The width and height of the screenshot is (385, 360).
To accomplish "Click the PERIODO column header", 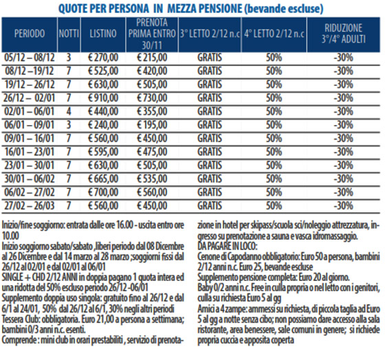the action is [30, 34].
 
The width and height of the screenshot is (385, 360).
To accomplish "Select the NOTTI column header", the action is [69, 34].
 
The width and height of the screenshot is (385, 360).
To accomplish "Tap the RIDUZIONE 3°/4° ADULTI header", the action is [344, 34].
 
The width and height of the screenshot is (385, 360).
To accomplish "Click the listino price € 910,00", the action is [103, 98].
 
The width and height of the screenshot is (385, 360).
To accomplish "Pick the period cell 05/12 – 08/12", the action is [30, 58].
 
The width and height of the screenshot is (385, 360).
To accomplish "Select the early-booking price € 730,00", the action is [152, 98].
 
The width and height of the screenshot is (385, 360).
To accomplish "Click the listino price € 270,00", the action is [103, 58].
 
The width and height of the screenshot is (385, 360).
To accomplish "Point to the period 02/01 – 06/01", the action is [30, 111].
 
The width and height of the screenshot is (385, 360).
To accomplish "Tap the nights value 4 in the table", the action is [69, 111].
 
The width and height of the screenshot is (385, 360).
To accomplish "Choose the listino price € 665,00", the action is [103, 179].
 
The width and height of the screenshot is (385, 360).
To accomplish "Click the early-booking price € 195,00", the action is [152, 125].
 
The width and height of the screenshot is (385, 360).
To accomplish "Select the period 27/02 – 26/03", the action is [30, 205].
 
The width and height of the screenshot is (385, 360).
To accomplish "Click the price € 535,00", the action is [152, 179].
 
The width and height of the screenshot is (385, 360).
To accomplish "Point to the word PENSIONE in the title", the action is [220, 9].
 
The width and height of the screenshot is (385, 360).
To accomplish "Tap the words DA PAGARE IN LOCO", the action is [228, 246].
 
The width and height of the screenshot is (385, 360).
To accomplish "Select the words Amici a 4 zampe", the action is [222, 309].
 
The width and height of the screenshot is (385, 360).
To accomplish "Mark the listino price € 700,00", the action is [103, 192].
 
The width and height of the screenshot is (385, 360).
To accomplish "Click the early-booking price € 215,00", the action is [152, 58].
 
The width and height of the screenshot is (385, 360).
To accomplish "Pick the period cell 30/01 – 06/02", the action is [30, 179].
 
